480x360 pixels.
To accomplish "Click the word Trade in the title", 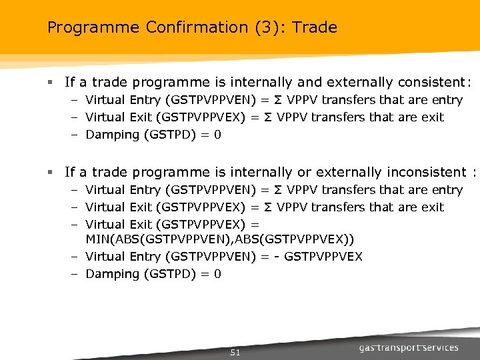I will pyautogui.click(x=315, y=28).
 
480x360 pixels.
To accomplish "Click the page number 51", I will pyautogui.click(x=235, y=352).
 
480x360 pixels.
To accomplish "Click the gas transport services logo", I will pyautogui.click(x=408, y=347).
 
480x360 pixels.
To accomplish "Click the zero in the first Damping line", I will pyautogui.click(x=217, y=135).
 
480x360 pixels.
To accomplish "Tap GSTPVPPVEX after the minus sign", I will pyautogui.click(x=323, y=257).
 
